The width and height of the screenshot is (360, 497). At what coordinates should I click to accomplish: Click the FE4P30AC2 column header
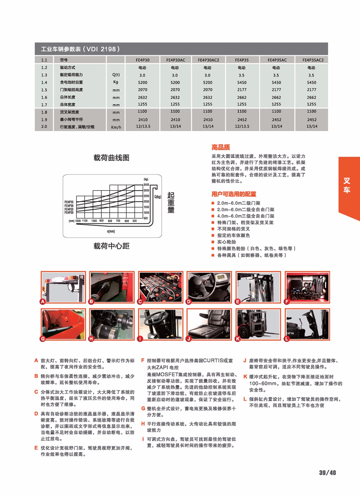click(208, 60)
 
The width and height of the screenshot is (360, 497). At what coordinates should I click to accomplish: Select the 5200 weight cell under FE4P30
click(143, 83)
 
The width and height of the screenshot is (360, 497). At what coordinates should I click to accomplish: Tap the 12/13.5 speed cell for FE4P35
click(242, 126)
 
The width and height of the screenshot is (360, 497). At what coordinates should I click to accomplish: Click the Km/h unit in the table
click(116, 127)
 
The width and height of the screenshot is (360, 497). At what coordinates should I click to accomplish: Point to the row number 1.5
click(44, 90)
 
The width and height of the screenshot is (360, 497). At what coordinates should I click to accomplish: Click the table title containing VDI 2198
click(80, 49)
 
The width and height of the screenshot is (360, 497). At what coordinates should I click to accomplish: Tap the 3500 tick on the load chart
click(146, 185)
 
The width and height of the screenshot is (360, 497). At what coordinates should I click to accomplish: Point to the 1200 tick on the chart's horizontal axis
click(78, 221)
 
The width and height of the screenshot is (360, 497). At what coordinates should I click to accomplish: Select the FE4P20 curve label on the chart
click(69, 212)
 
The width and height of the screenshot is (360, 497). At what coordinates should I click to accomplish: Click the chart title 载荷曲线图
click(111, 158)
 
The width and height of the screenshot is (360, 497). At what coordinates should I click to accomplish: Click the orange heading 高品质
click(220, 147)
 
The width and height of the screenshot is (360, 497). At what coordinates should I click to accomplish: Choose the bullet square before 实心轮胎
click(213, 242)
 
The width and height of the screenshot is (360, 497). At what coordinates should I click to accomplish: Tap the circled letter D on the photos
click(189, 302)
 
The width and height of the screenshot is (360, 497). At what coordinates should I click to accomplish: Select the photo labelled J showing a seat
click(209, 324)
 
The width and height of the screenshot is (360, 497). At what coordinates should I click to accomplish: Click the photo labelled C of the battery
click(160, 287)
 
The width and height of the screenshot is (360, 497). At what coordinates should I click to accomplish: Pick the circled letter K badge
click(238, 339)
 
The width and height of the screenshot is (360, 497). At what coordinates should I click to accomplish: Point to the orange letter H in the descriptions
click(143, 424)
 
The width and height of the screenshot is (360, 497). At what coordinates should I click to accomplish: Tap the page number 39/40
click(327, 472)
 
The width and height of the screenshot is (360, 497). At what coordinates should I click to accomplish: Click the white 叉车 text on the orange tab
click(347, 185)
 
